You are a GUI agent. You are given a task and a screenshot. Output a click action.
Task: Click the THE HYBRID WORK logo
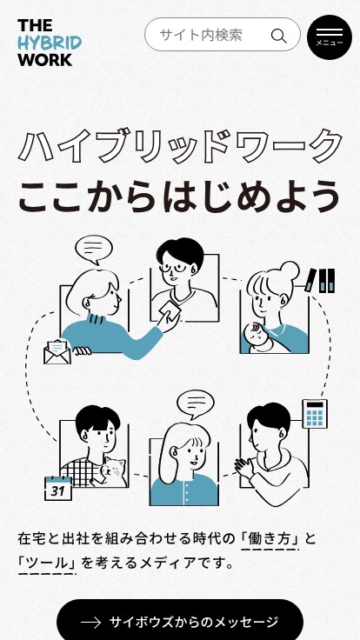click(x=50, y=43)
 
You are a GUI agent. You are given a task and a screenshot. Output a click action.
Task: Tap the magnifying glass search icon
click(x=278, y=36)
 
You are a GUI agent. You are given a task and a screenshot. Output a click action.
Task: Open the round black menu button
click(x=330, y=37)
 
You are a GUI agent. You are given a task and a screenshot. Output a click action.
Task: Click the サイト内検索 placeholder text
click(x=201, y=35)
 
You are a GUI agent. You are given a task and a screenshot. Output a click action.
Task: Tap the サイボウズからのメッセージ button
click(x=180, y=621)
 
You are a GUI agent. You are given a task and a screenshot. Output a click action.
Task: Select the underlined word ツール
click(x=47, y=563)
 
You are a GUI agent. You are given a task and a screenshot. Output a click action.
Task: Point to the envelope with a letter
click(x=57, y=352)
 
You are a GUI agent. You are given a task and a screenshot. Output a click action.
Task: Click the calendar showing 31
click(x=58, y=489)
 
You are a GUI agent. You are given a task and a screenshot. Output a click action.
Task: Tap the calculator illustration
click(x=315, y=414)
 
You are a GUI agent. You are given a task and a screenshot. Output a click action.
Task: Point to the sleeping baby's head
click(x=254, y=333)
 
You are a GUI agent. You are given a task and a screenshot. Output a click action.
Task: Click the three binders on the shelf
click(x=321, y=280)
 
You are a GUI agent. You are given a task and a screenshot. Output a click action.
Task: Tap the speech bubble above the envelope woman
click(x=94, y=250)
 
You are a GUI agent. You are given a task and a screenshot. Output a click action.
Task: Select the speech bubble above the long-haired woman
click(x=196, y=405)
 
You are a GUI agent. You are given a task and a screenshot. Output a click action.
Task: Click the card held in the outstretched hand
click(x=171, y=311)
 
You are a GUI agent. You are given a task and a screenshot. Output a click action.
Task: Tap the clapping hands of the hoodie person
click(x=244, y=468)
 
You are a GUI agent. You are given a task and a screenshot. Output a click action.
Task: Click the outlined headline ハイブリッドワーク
click(x=180, y=146)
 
